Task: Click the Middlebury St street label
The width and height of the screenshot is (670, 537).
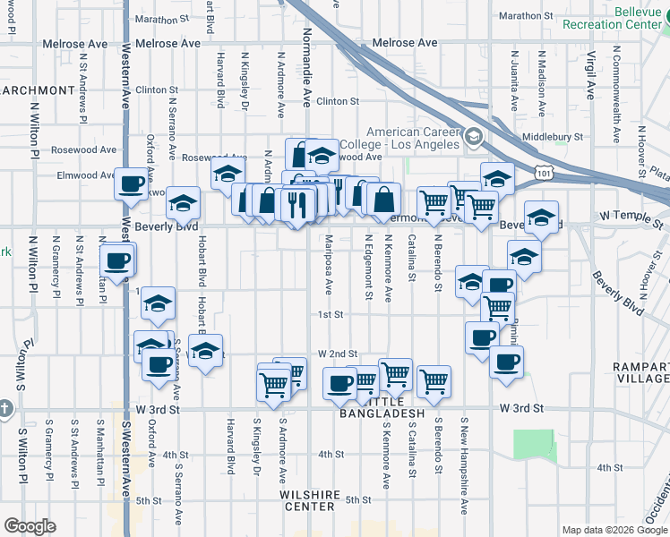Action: point(554,138)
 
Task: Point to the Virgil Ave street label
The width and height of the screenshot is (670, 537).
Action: point(591,75)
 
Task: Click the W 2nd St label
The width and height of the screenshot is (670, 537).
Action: point(337,354)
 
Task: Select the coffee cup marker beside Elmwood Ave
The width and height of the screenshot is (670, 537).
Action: point(132,184)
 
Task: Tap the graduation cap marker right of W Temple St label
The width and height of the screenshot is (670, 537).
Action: point(541,217)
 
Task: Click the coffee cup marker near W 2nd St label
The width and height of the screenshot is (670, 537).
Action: point(339,383)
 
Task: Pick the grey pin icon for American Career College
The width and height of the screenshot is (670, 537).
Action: point(474,139)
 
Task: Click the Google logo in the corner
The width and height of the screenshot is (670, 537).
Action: point(30,526)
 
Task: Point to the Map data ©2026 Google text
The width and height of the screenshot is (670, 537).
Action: point(613,530)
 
